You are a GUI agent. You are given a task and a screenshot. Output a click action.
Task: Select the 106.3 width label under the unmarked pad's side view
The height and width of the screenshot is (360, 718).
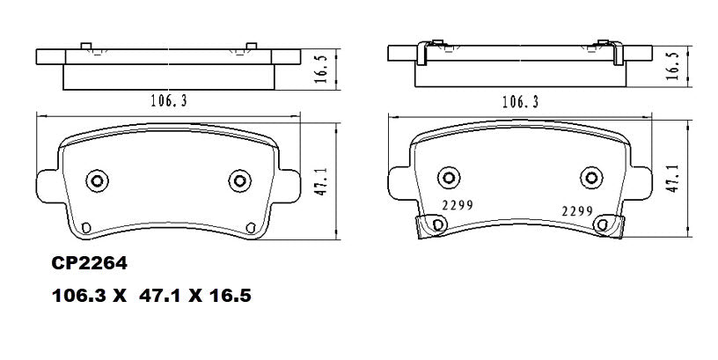pos(167,101)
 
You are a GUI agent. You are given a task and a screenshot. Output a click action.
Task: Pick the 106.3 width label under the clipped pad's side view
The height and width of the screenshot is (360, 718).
pos(521,102)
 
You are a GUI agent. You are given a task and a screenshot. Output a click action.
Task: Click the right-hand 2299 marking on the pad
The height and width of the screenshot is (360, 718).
pos(579,211)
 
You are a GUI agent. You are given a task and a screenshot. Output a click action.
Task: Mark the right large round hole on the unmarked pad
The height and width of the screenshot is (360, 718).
pos(238,180)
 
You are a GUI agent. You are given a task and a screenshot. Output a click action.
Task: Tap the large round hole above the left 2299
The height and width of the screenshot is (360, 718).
pos(449,179)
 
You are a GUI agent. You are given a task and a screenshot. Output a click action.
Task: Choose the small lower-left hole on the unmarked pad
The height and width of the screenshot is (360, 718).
pos(85,231)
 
